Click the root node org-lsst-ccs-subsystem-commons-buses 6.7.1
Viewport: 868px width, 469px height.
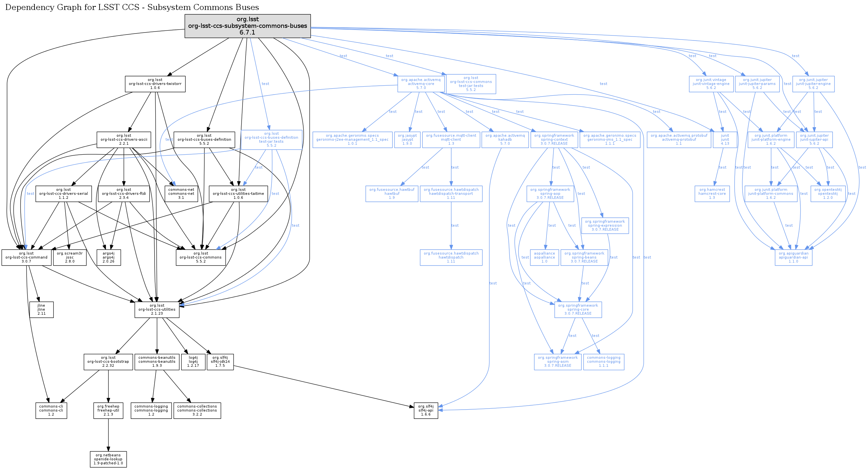tap(247, 26)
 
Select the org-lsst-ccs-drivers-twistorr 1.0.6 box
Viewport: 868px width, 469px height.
tap(155, 84)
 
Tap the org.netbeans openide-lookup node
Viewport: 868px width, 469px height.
tap(108, 459)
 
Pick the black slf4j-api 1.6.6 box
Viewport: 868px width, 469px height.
tap(426, 410)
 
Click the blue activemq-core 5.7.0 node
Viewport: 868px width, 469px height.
tap(421, 84)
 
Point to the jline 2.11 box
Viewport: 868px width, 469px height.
tap(41, 310)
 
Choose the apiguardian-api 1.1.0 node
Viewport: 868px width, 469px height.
tap(793, 257)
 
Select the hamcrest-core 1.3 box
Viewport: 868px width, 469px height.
tap(712, 194)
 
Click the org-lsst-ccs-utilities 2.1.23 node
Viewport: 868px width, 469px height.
tap(157, 310)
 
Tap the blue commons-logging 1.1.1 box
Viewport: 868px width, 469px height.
tap(603, 362)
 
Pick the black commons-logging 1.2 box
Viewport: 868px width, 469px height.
tap(151, 410)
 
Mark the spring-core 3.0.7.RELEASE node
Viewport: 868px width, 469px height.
tap(578, 310)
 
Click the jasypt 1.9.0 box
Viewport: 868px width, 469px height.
tap(407, 140)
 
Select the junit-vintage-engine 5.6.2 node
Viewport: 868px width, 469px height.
tap(711, 84)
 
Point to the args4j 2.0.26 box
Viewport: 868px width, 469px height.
tap(109, 257)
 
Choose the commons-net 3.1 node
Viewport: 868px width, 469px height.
tap(181, 194)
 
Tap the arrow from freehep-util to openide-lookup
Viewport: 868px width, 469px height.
tap(108, 435)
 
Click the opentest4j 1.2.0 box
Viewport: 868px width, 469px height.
tap(828, 194)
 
